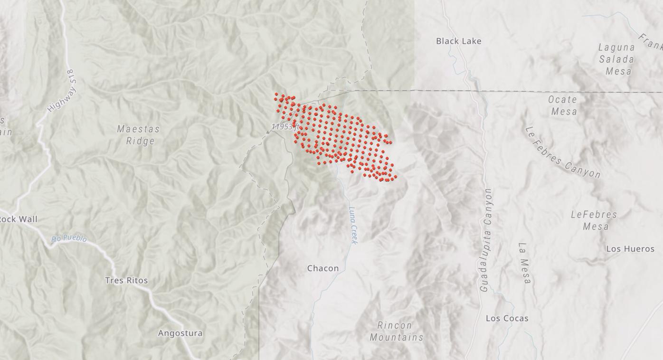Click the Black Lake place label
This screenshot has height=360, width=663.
458,41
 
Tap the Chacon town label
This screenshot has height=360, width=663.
323,268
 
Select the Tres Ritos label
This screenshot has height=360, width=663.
126,281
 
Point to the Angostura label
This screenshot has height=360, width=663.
180,333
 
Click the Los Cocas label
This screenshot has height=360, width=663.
507,319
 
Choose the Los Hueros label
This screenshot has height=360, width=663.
630,249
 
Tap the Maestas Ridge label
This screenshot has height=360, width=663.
138,135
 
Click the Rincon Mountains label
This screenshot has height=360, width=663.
396,332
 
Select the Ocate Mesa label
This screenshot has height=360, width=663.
562,105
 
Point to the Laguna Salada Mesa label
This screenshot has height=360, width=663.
616,59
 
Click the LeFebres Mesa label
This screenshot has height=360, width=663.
594,220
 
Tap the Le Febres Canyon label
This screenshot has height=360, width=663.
563,153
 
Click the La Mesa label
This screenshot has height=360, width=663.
523,263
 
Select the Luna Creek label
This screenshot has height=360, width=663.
353,225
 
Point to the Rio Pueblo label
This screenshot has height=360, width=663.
69,238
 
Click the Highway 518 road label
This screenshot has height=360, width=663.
61,91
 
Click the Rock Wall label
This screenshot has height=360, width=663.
18,219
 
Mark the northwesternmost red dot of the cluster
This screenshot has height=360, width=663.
276,95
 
